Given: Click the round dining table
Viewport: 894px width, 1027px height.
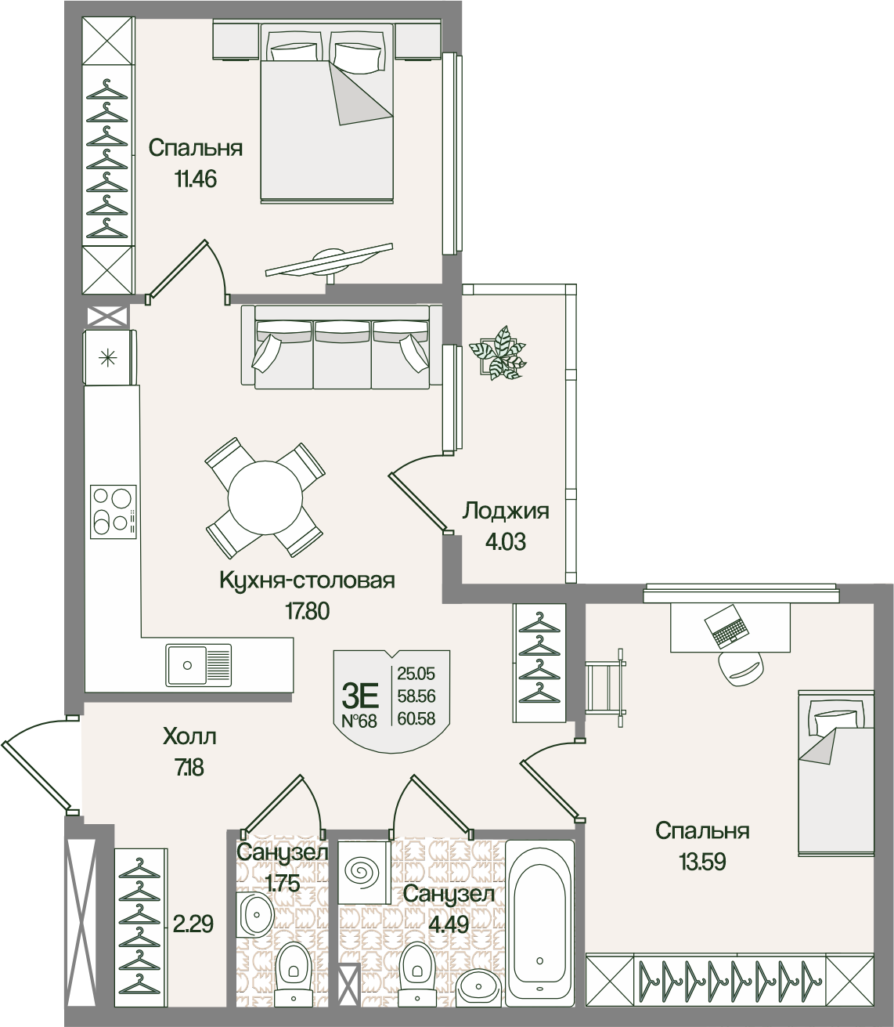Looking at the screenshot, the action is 265,497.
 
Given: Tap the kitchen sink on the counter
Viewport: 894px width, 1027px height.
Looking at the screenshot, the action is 199,665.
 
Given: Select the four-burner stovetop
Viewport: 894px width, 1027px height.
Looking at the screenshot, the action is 114,512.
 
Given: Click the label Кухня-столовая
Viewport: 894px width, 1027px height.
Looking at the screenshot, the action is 308,580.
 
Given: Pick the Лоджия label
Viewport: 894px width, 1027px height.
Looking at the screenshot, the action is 506,511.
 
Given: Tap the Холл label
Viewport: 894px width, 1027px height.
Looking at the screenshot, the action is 189,737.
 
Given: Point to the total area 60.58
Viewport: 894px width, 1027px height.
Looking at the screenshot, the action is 416,720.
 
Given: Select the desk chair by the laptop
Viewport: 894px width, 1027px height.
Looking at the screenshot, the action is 741,667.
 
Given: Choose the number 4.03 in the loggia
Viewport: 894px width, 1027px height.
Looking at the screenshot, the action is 505,542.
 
